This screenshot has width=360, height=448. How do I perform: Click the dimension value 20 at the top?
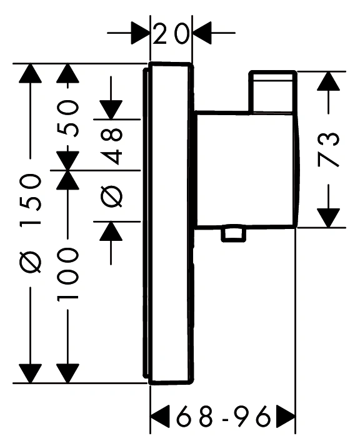coord(171,34)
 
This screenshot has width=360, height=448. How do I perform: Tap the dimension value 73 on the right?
coord(328,150)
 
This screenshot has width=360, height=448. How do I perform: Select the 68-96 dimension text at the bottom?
coord(223,415)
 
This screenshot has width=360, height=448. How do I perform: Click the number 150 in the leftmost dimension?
coord(31,200)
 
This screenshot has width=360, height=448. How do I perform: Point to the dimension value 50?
coord(67,118)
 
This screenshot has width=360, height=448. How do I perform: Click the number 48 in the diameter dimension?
coord(111,146)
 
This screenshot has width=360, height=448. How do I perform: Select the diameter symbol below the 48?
coord(111,196)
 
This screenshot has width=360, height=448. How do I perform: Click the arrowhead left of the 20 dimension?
coord(141,33)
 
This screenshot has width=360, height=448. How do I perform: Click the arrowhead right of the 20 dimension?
coord(202,33)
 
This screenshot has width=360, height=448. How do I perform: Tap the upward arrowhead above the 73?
coord(328,81)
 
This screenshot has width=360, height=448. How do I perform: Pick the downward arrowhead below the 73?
coord(328,218)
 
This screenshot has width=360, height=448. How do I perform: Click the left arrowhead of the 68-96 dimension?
coord(160,415)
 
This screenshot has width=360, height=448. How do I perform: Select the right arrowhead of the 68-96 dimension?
coord(286,415)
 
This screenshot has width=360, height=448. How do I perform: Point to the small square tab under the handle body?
coord(234,235)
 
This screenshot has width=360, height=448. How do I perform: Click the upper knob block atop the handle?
coord(272,91)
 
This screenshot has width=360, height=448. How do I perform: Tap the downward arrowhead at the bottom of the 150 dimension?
coord(31,373)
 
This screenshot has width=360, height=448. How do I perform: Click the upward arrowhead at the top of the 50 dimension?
coord(67,73)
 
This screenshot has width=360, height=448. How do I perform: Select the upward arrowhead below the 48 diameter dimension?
coord(111,231)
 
